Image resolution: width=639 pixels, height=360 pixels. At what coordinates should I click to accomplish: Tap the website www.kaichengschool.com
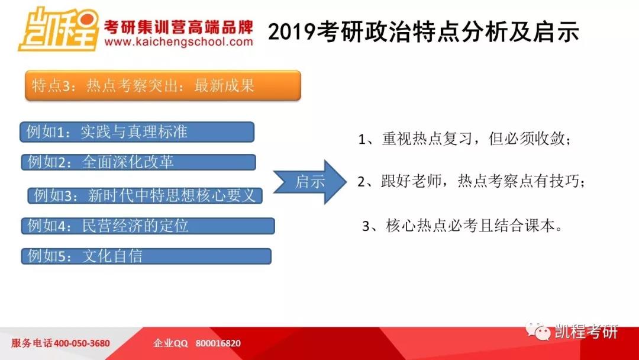point(179,42)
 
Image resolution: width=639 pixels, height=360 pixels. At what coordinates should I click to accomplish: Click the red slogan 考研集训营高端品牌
point(179,27)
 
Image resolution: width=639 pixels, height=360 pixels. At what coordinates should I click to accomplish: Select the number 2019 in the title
point(292,32)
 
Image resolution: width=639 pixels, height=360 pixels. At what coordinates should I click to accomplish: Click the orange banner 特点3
point(163,85)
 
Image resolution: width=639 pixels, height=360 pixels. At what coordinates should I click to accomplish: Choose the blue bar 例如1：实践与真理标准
point(137,131)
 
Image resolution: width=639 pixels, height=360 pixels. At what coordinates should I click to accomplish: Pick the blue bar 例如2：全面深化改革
point(138,162)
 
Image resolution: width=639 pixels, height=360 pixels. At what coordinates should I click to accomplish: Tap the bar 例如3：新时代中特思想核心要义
point(145,195)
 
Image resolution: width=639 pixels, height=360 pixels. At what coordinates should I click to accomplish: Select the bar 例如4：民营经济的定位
point(148,226)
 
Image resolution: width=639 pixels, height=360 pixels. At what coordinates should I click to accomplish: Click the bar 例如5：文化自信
point(146,256)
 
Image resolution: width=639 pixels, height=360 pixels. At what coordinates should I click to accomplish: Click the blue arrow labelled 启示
point(309,182)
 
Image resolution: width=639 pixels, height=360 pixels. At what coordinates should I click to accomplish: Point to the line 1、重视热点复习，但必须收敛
point(464,139)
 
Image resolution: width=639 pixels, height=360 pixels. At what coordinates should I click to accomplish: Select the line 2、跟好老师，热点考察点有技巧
point(471,181)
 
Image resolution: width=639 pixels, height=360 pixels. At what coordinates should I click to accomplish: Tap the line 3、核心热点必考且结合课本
point(463,226)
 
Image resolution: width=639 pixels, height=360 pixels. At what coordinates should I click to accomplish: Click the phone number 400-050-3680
point(82,343)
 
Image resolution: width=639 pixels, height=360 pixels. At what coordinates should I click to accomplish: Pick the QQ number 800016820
point(218,343)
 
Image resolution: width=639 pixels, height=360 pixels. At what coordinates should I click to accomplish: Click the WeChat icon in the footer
point(538,331)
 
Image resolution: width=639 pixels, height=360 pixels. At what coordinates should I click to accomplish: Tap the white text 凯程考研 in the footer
point(586,332)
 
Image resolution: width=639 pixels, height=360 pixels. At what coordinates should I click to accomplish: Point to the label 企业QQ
point(170,343)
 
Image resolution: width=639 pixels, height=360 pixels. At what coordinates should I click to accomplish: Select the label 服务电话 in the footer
point(32,343)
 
